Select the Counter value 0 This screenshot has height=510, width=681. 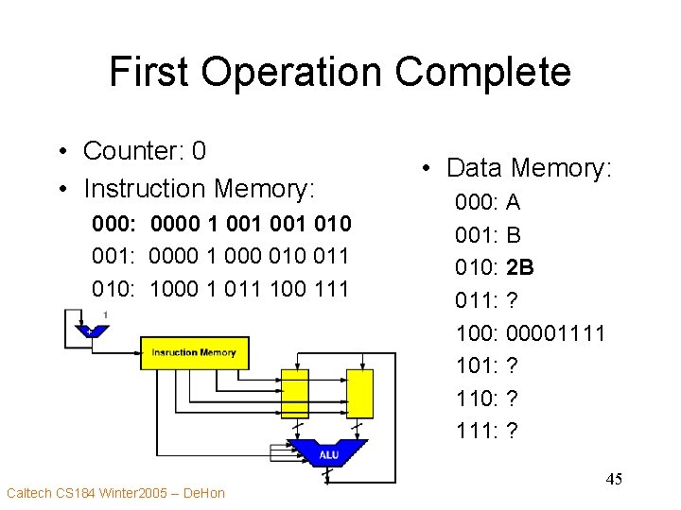point(198,151)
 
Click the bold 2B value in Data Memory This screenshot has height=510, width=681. point(520,267)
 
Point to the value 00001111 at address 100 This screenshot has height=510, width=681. point(556,332)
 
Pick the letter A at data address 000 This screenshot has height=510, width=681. point(514,202)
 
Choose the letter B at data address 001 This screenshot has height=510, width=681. point(514,235)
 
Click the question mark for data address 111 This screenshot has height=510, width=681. point(513,431)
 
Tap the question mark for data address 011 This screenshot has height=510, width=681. point(513,300)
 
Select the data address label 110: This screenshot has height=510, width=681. point(478,399)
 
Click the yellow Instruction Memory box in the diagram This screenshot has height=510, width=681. point(193,352)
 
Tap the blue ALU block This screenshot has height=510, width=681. point(327,454)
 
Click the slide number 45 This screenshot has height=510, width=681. point(614,480)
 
